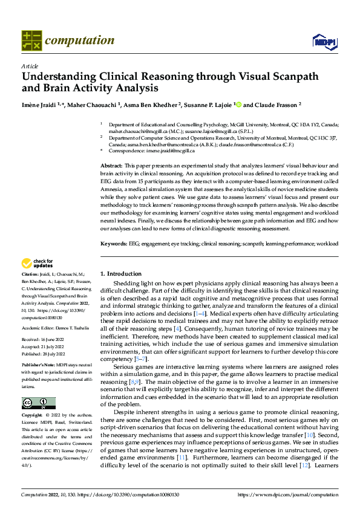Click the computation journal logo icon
click(31, 41)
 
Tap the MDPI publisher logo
click(324, 41)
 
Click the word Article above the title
click(29, 66)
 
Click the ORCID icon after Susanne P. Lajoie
click(238, 105)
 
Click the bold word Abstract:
click(113, 165)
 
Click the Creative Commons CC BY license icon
click(38, 403)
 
